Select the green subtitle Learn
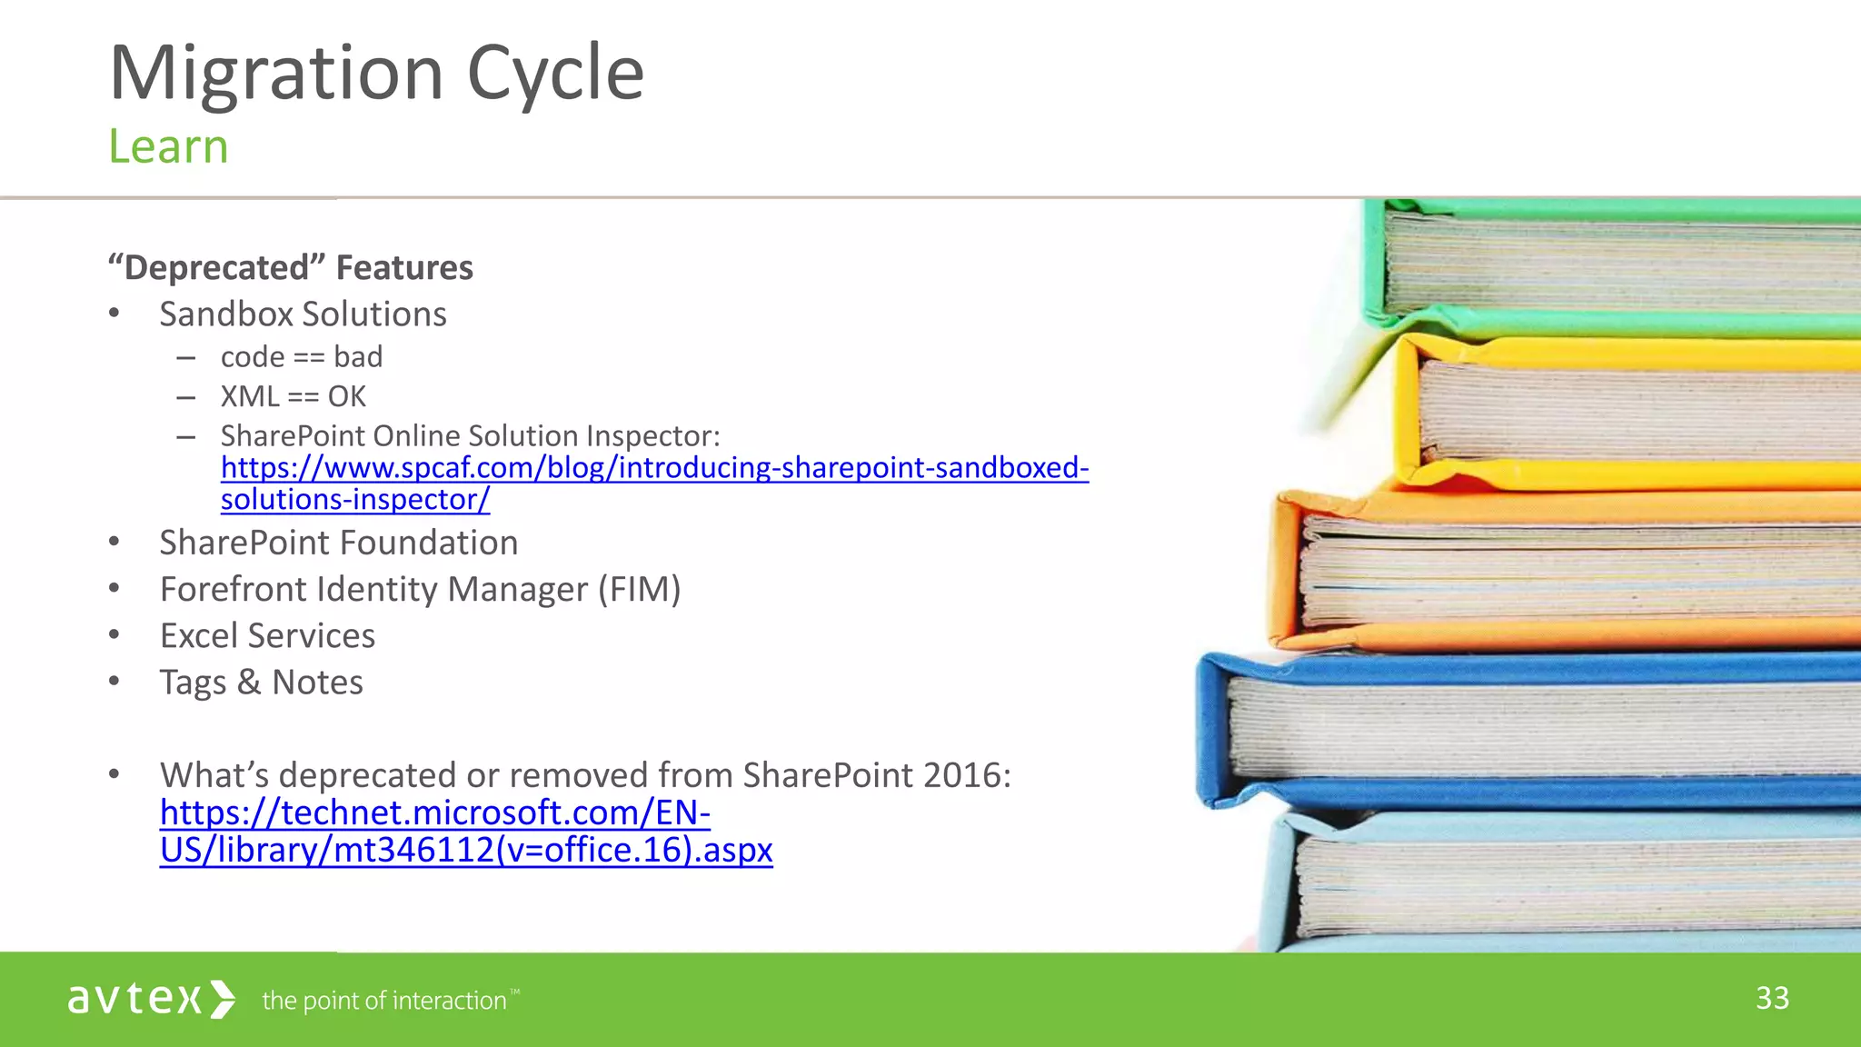tap(168, 146)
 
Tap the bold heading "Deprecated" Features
tap(291, 268)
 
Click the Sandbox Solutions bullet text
tap(303, 314)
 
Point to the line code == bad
tap(302, 357)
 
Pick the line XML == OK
tap(293, 397)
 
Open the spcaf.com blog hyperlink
tap(654, 468)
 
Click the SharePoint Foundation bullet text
tap(338, 543)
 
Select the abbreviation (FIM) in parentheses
tap(639, 590)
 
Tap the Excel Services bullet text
tap(267, 636)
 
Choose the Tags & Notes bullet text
tap(261, 683)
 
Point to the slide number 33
tap(1772, 998)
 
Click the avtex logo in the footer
tap(151, 999)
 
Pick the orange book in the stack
tap(1563, 573)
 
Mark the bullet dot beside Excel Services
tap(114, 635)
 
